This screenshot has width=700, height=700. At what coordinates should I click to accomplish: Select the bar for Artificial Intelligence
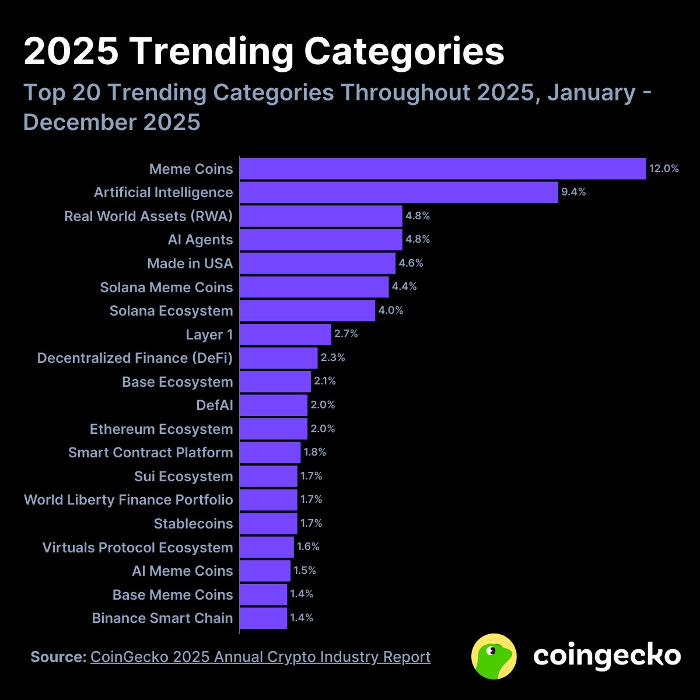click(x=398, y=192)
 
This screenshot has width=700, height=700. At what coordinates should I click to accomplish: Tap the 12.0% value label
click(x=664, y=169)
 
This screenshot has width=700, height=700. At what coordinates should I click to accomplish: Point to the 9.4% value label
click(x=573, y=192)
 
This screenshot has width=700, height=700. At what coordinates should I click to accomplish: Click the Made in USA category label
click(x=190, y=263)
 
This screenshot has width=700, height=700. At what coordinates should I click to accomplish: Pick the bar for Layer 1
click(x=285, y=334)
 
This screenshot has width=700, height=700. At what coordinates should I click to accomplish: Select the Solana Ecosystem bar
click(x=307, y=310)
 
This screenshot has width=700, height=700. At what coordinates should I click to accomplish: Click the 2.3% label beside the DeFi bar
click(x=333, y=358)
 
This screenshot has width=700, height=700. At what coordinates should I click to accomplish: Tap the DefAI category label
click(x=214, y=405)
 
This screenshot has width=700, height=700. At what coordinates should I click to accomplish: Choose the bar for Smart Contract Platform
click(x=269, y=452)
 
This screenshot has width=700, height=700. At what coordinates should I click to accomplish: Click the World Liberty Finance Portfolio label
click(x=128, y=500)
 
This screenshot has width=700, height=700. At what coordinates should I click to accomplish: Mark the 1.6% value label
click(x=309, y=547)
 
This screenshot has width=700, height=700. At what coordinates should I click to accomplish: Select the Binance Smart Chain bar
click(x=263, y=618)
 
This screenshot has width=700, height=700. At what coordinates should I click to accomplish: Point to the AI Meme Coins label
click(x=182, y=570)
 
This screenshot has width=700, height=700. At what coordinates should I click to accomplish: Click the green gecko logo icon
click(x=494, y=656)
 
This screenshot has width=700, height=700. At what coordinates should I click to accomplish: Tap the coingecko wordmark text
click(x=607, y=656)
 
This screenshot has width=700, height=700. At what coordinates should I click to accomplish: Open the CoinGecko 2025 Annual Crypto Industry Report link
click(x=260, y=657)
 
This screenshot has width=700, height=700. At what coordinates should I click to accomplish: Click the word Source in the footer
click(x=58, y=657)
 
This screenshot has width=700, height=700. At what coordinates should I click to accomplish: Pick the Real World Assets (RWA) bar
click(x=321, y=216)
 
